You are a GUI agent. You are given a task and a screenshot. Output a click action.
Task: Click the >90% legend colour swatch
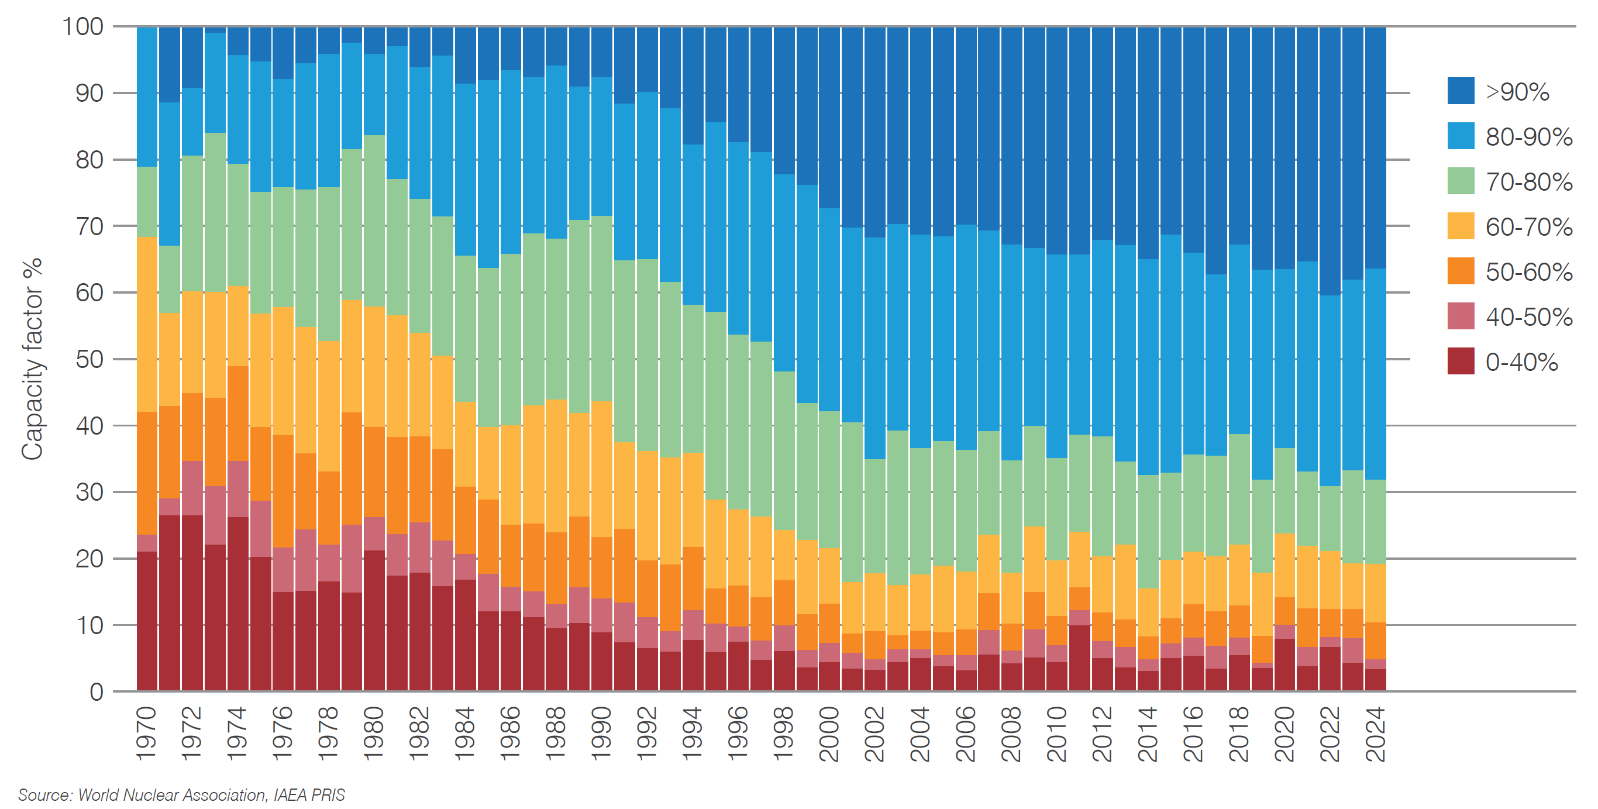[1461, 91]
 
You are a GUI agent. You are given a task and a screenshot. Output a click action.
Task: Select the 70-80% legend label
[1528, 182]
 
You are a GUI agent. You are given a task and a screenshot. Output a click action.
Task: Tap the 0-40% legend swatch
[1461, 362]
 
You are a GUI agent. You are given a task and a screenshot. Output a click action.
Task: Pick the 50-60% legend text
[1528, 273]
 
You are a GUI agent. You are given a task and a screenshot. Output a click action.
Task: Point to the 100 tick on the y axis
[82, 27]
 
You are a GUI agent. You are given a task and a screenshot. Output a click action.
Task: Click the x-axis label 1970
[147, 734]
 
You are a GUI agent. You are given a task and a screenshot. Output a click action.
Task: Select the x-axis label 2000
[829, 734]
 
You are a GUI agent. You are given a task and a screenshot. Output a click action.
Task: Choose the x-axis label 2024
[1375, 734]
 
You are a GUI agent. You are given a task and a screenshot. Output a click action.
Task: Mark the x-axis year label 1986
[511, 734]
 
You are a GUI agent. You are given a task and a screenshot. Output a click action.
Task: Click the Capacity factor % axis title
[32, 359]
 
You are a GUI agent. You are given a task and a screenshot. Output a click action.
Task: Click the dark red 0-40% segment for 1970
[147, 621]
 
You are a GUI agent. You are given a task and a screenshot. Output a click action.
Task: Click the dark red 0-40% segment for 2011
[1079, 657]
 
